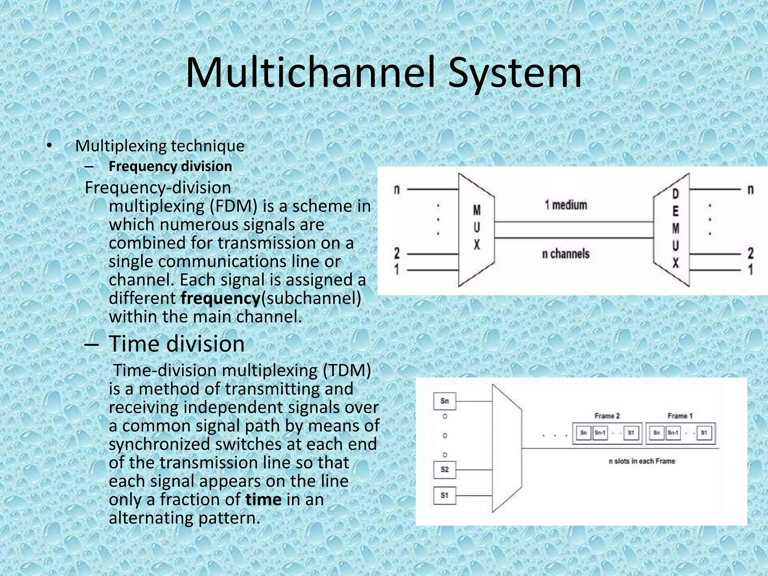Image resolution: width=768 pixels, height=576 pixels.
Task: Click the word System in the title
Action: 514,73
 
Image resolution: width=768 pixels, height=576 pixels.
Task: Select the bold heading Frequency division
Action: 170,166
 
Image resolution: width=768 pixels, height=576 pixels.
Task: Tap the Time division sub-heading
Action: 176,343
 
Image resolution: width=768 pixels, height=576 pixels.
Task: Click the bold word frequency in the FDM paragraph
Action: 220,298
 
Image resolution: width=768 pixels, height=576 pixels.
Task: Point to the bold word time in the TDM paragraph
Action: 263,499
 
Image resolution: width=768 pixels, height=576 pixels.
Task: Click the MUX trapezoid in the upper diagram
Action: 476,229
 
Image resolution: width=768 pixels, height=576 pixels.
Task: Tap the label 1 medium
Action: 566,205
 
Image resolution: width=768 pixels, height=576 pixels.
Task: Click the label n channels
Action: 566,254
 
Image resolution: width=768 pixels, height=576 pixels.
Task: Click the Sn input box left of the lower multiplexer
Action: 444,401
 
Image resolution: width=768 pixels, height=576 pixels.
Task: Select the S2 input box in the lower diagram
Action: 444,469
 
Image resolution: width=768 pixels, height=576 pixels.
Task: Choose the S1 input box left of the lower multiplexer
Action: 444,495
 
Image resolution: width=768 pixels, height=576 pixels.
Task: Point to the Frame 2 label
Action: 607,416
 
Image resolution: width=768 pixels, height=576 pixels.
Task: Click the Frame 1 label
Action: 680,416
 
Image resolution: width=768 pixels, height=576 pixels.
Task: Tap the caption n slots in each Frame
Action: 642,461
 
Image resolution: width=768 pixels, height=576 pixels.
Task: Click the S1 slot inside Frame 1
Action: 704,433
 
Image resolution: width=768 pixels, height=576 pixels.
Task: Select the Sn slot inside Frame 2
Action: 583,433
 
